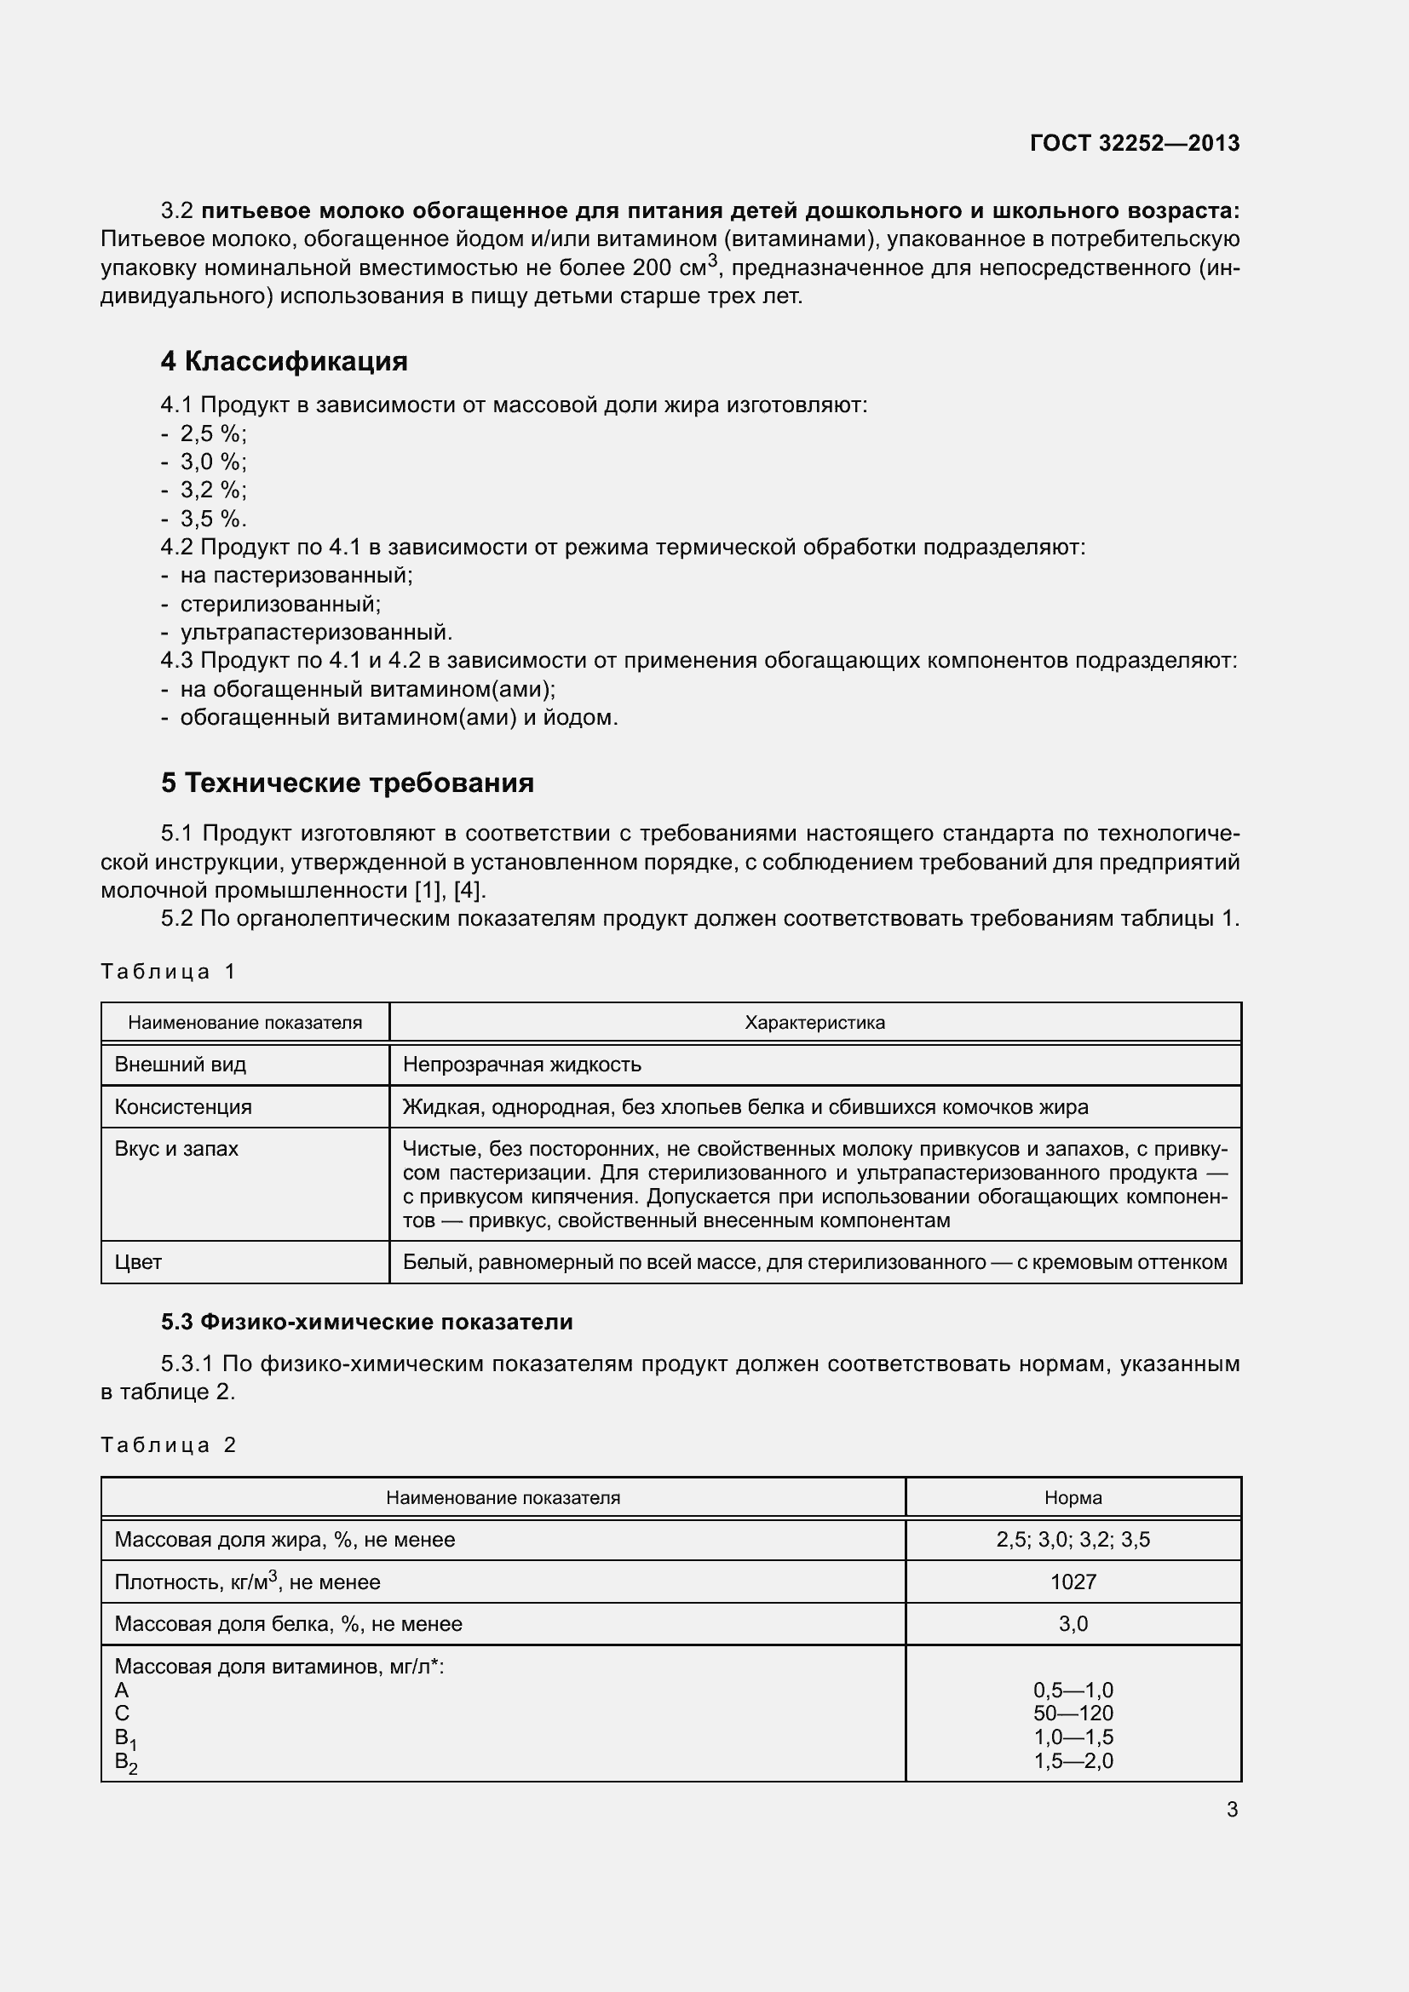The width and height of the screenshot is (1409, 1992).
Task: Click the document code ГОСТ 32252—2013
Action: (x=1134, y=143)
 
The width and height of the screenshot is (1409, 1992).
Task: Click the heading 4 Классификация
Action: (x=284, y=361)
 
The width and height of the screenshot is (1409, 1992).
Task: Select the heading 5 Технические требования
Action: (x=347, y=783)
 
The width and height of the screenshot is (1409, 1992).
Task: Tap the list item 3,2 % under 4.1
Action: (x=213, y=491)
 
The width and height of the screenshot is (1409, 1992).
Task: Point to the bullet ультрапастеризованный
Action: (x=316, y=632)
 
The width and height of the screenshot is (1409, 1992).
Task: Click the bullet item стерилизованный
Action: (x=280, y=604)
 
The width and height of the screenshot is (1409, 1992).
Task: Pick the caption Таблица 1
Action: (x=168, y=971)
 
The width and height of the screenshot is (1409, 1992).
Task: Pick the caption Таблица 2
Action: (x=168, y=1444)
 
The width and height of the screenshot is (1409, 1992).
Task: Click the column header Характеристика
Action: (x=814, y=1022)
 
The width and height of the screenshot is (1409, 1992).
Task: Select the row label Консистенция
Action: (x=183, y=1106)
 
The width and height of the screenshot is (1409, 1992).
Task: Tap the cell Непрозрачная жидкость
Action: (x=521, y=1065)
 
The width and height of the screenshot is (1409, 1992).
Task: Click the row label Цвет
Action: (x=138, y=1261)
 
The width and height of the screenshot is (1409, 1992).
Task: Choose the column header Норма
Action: (x=1073, y=1497)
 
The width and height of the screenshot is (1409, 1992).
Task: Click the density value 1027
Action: (x=1073, y=1582)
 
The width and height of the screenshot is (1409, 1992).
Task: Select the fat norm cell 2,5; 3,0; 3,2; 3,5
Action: (x=1073, y=1540)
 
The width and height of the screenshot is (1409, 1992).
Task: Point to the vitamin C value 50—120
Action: (x=1073, y=1713)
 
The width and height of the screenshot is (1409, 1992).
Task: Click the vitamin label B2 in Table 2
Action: (x=126, y=1762)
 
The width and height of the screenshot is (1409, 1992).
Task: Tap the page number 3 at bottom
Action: (x=1232, y=1810)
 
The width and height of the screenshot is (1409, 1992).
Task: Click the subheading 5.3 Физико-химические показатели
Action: (x=366, y=1323)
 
